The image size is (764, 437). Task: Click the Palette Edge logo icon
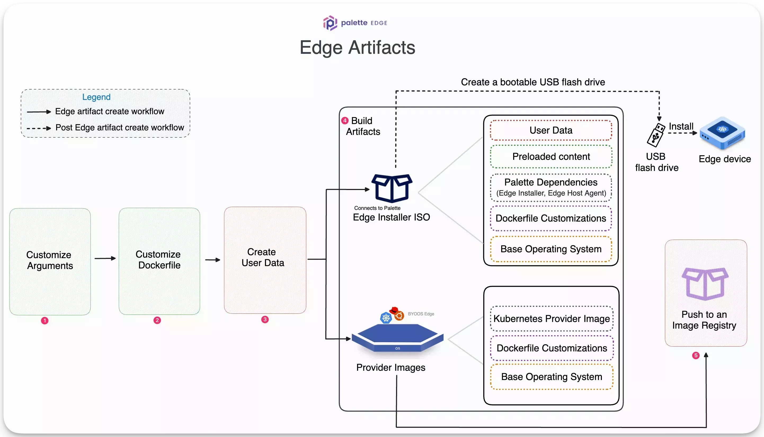(330, 23)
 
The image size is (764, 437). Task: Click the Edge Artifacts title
(357, 47)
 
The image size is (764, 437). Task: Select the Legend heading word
(96, 97)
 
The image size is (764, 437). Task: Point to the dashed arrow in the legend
(39, 128)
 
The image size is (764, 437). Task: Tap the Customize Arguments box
(50, 261)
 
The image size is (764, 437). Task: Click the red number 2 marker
(157, 320)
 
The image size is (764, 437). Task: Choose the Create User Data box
(265, 260)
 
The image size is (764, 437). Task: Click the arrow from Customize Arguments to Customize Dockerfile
(105, 258)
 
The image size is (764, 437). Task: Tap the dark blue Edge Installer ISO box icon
(392, 188)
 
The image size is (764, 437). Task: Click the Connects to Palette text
(377, 208)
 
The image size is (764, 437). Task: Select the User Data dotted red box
(551, 130)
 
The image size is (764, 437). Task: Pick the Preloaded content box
(551, 156)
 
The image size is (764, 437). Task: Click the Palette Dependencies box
(551, 187)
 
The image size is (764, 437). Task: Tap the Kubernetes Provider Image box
(551, 319)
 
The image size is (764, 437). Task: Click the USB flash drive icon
(656, 135)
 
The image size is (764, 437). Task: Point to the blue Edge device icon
(722, 133)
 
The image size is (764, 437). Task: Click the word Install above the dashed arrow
(681, 126)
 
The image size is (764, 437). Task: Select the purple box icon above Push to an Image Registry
(705, 284)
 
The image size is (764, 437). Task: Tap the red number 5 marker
(696, 355)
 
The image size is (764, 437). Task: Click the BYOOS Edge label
(421, 314)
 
